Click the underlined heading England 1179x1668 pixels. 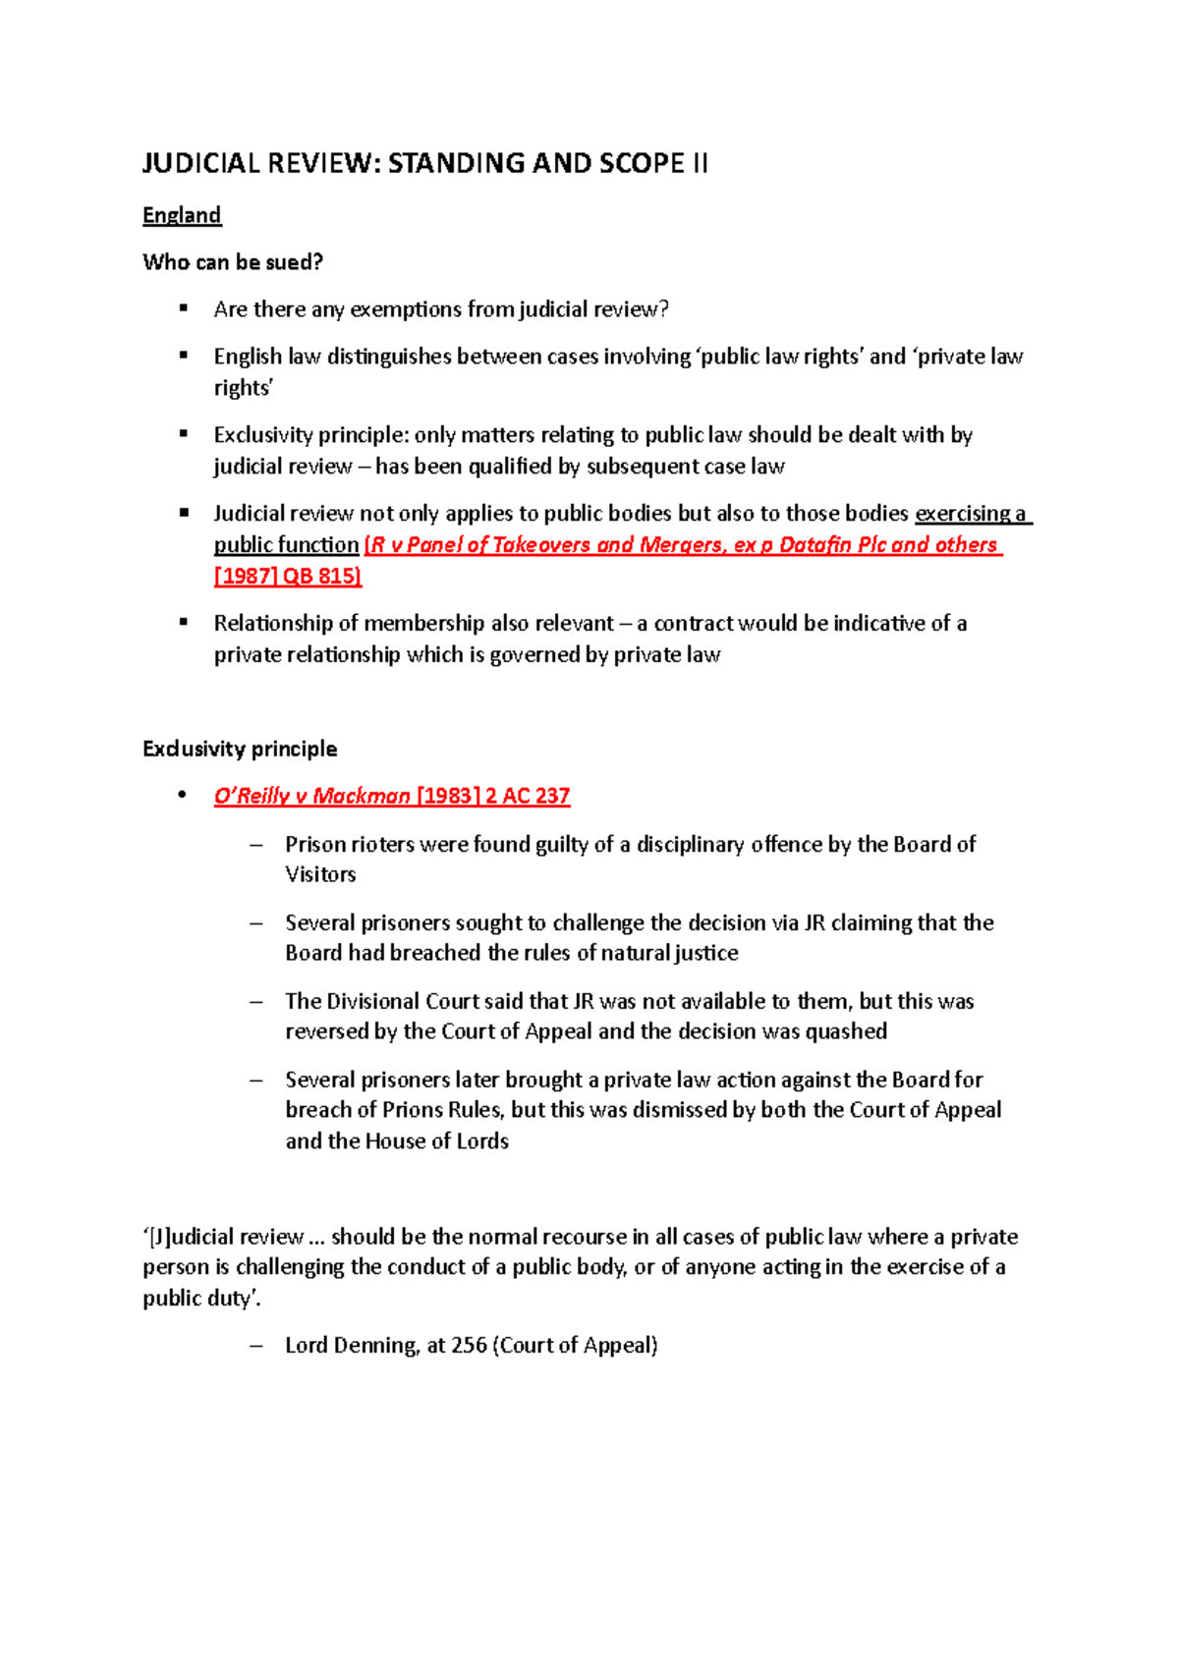click(x=182, y=215)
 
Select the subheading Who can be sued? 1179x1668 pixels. click(x=233, y=262)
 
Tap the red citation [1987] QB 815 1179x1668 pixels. click(x=287, y=577)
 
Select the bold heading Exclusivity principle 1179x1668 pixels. click(x=240, y=750)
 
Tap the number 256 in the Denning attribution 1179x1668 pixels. click(x=469, y=1346)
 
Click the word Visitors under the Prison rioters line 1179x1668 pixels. click(x=320, y=874)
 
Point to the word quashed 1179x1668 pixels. click(x=846, y=1031)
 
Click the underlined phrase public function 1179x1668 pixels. click(x=286, y=545)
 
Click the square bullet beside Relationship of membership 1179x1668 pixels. click(x=184, y=622)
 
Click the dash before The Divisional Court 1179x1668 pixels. click(x=256, y=1002)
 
